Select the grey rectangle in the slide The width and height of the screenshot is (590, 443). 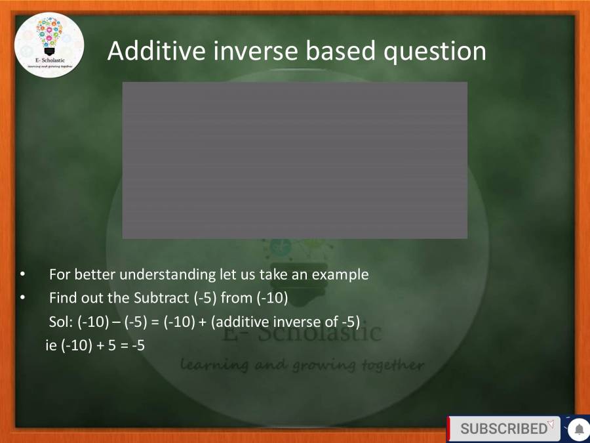295,160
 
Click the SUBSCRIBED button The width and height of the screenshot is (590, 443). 503,429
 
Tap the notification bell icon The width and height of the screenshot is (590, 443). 579,429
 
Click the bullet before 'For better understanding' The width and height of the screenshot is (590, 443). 22,274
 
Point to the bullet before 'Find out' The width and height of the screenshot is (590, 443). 22,298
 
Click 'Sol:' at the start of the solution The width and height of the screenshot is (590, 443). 61,322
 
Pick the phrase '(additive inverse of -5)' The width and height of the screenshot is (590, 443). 285,322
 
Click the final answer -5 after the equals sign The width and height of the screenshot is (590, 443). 138,345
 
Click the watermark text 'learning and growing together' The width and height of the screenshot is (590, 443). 302,364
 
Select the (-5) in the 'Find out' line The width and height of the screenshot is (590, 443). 205,298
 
